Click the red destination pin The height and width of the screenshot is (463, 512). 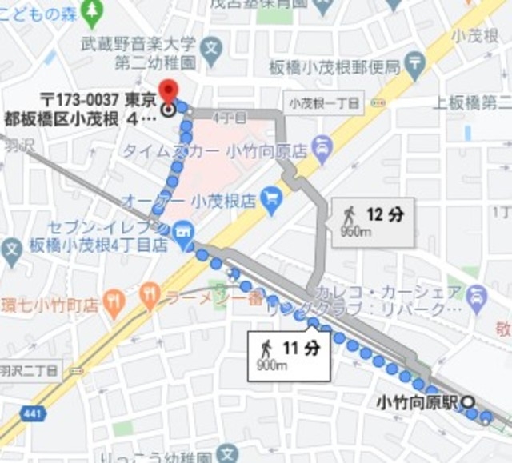(x=168, y=90)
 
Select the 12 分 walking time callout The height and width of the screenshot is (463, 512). (x=374, y=222)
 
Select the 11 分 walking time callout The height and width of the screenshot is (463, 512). (x=290, y=355)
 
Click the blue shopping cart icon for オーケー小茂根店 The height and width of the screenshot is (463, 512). (x=272, y=194)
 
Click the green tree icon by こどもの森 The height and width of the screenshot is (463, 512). (x=94, y=10)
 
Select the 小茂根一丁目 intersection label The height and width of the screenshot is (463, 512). (x=325, y=102)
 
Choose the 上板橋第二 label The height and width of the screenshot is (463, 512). (x=471, y=102)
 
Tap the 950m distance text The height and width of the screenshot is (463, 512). (x=357, y=232)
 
